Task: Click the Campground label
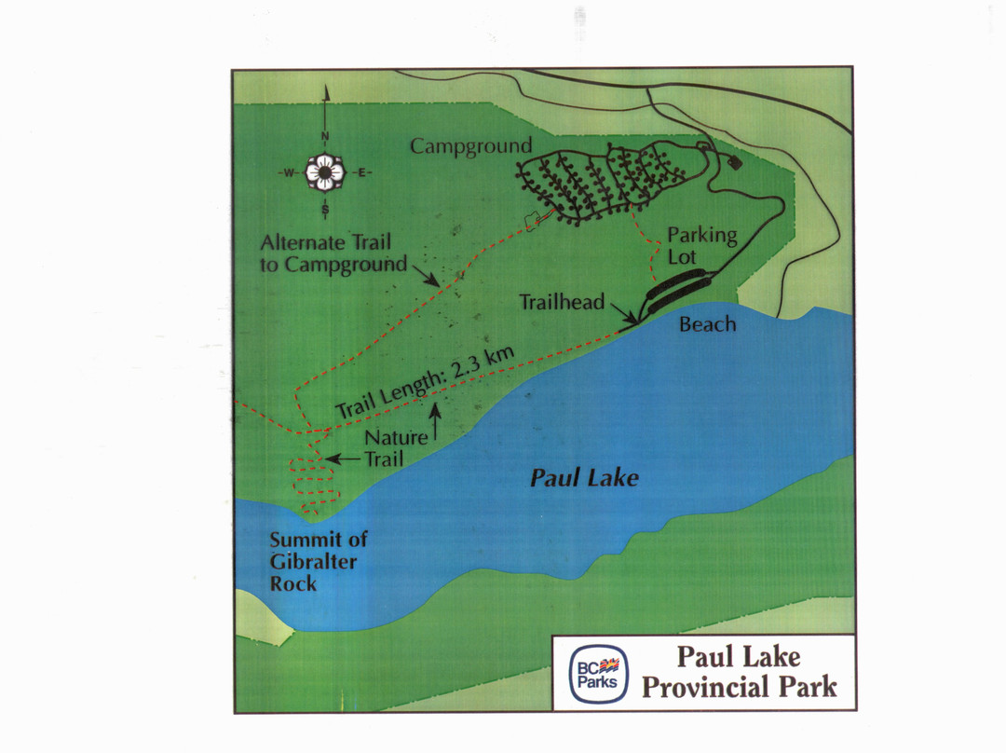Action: [471, 146]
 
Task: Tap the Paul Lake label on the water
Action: [584, 479]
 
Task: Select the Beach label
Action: [707, 324]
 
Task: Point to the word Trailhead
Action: [562, 302]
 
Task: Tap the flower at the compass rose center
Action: [325, 171]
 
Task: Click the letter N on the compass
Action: [325, 137]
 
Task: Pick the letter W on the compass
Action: [290, 172]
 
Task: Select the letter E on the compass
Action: [361, 172]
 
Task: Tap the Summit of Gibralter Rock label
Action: [319, 562]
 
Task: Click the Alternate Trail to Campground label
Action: [333, 253]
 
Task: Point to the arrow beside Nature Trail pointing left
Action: [343, 459]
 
